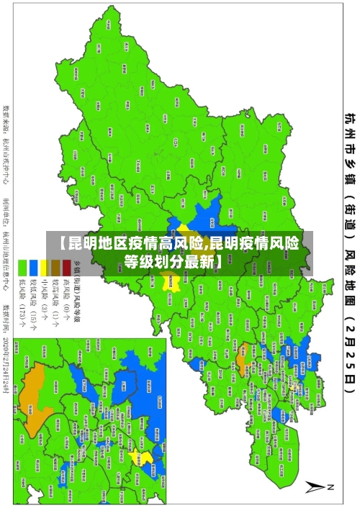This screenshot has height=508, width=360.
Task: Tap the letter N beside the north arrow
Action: coord(331,486)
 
